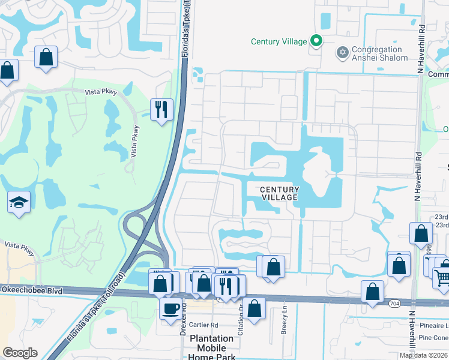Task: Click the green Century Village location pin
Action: coord(316,41)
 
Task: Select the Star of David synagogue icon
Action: coord(343,53)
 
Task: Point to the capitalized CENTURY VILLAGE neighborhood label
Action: coord(280,193)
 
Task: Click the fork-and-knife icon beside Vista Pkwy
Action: coord(161,110)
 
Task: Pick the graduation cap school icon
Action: coord(19,203)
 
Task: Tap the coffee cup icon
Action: coord(171,309)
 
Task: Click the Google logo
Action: coord(19,353)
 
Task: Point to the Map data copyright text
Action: coord(423,355)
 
